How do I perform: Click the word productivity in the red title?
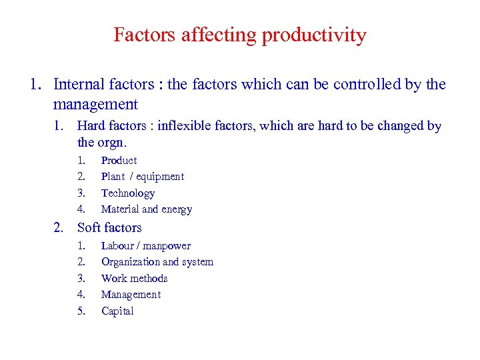314,35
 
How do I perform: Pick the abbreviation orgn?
112,142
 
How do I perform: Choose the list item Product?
119,161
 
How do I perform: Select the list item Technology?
128,193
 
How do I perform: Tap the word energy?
177,209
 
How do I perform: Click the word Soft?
90,228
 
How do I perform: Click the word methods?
149,279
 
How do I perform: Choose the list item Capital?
117,311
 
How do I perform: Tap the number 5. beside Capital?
82,311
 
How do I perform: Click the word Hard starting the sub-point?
91,126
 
